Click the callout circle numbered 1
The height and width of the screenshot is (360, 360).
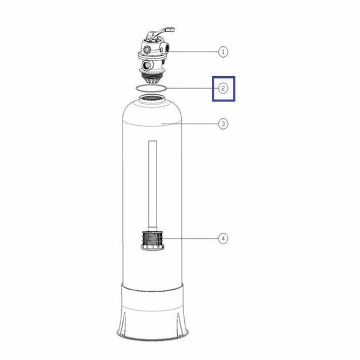pos(223,52)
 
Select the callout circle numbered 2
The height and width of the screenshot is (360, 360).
pos(223,88)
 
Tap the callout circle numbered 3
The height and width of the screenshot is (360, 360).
pos(223,124)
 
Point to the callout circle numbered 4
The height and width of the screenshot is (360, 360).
pos(223,239)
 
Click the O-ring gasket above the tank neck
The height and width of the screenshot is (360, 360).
pos(151,85)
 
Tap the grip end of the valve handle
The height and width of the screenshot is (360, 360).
pos(170,29)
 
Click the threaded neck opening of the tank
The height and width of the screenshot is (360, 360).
pos(152,99)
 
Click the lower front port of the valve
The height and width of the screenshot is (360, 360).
pos(146,66)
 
